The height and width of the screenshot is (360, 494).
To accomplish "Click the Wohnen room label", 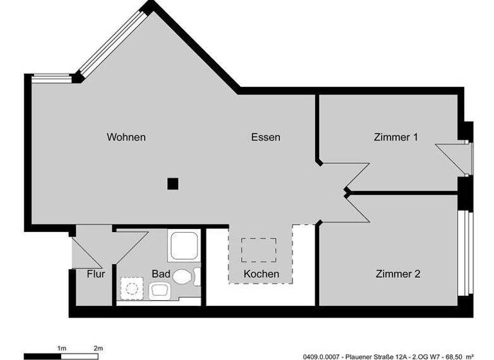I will tap(126, 137).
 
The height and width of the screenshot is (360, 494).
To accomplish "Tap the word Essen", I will tap(266, 137).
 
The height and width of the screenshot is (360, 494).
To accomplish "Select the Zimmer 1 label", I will tap(396, 137).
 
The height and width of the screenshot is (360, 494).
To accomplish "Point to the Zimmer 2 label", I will tap(398, 274).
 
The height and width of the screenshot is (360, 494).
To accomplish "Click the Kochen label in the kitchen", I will tap(261, 274).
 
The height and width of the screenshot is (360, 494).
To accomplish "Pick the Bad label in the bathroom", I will tap(161, 274).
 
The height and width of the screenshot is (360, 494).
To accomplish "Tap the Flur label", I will tap(96, 274).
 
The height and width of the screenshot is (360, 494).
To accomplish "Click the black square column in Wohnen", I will tap(172, 184).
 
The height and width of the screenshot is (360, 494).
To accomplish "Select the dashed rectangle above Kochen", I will tap(259, 249).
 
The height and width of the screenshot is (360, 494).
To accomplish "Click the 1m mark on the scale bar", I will tap(62, 348).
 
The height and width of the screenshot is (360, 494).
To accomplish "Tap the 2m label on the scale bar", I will tap(98, 348).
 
